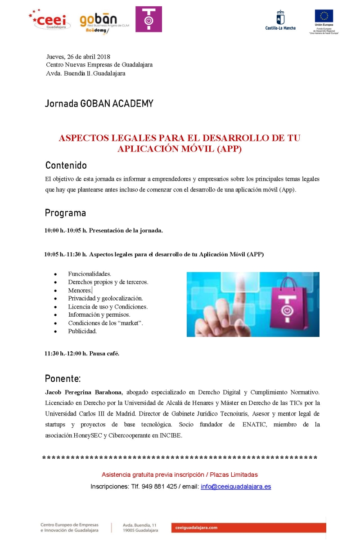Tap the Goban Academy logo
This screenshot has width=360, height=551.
pos(99,23)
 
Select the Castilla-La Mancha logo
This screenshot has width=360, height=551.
pos(280,20)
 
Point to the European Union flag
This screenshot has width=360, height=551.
pos(324,16)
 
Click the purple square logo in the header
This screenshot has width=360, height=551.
pos(148,19)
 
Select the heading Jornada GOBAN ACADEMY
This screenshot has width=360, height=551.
pos(99,104)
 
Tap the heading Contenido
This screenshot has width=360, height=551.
pos(66,165)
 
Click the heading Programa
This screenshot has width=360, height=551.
pos(65,213)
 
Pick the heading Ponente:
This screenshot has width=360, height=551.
pos(63,378)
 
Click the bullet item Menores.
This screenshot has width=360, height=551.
pos(80,290)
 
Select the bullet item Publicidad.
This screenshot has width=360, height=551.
pos(82,331)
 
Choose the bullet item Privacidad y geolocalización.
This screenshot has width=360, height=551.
pos(105,298)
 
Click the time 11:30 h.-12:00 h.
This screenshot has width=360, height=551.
pos(66,354)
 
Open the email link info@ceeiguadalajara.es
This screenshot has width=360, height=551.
pos(236,486)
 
